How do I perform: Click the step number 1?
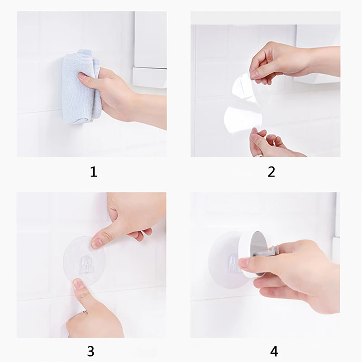94,172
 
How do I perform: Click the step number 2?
271,172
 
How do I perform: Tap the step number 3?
91,351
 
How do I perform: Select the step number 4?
274,351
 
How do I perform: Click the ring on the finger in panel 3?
85,312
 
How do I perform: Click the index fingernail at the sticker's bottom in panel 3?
78,284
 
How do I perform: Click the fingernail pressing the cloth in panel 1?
82,76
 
